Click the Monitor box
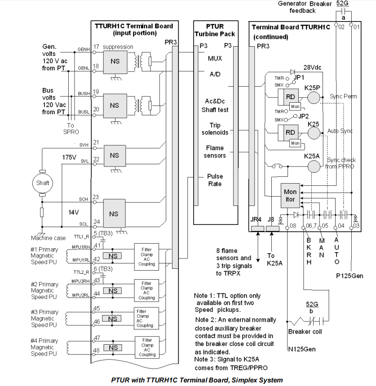pos(290,195)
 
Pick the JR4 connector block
pos(257,229)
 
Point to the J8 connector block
pos(272,229)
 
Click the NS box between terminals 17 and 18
pos(115,61)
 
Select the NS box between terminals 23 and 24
pos(115,214)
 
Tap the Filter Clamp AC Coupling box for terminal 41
pos(146,257)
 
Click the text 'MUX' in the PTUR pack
pos(215,58)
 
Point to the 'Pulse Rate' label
pos(215,180)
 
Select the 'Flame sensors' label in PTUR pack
pos(215,151)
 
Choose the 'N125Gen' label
pos(302,349)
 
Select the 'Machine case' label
pos(48,238)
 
